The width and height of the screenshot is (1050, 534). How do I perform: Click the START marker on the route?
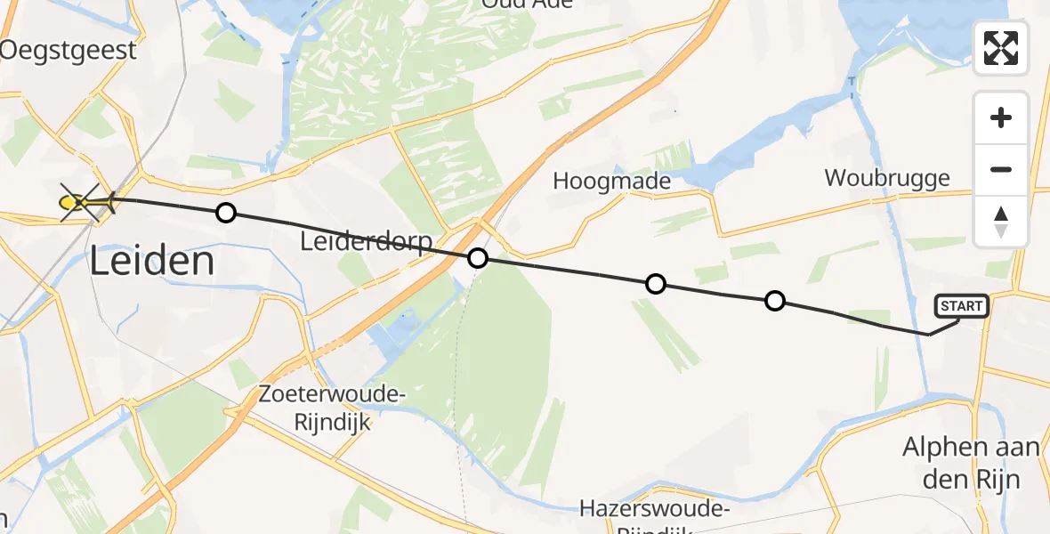tap(961, 307)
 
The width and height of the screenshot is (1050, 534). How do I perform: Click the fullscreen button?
tap(1001, 48)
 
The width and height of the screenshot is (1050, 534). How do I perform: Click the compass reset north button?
tap(1001, 222)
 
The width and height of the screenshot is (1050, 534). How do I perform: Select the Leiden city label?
tap(152, 262)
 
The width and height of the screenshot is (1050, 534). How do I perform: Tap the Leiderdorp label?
tap(366, 242)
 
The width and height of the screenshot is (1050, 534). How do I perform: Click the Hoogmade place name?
tap(611, 182)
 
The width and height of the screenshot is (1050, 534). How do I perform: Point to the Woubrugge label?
tap(886, 178)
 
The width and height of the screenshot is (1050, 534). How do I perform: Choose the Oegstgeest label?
tap(69, 50)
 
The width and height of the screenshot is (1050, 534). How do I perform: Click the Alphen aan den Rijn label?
tap(971, 463)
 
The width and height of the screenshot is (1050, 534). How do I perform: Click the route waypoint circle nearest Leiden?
tap(226, 213)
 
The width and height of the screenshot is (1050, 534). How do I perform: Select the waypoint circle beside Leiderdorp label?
tap(478, 258)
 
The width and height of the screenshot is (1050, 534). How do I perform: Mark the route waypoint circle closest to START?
tap(775, 301)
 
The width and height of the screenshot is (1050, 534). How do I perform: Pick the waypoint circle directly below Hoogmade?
tap(656, 284)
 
